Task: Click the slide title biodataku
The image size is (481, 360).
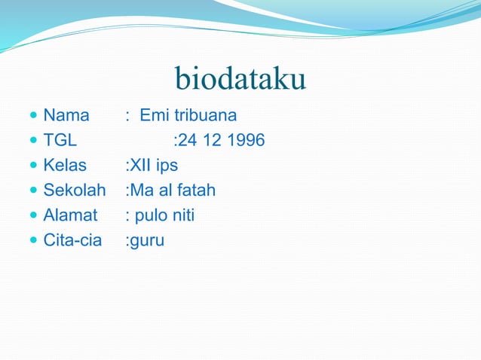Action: point(240,79)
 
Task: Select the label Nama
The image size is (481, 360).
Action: point(66,116)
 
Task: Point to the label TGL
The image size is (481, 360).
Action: point(60,141)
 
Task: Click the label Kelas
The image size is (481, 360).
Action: point(65,166)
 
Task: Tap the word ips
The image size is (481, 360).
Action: point(167,166)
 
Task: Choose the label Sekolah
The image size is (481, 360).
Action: point(75,191)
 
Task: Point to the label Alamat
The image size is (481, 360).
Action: point(70,215)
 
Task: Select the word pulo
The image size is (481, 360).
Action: point(151,216)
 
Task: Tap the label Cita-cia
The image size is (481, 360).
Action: point(72,240)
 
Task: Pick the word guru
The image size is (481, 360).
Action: point(147,242)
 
